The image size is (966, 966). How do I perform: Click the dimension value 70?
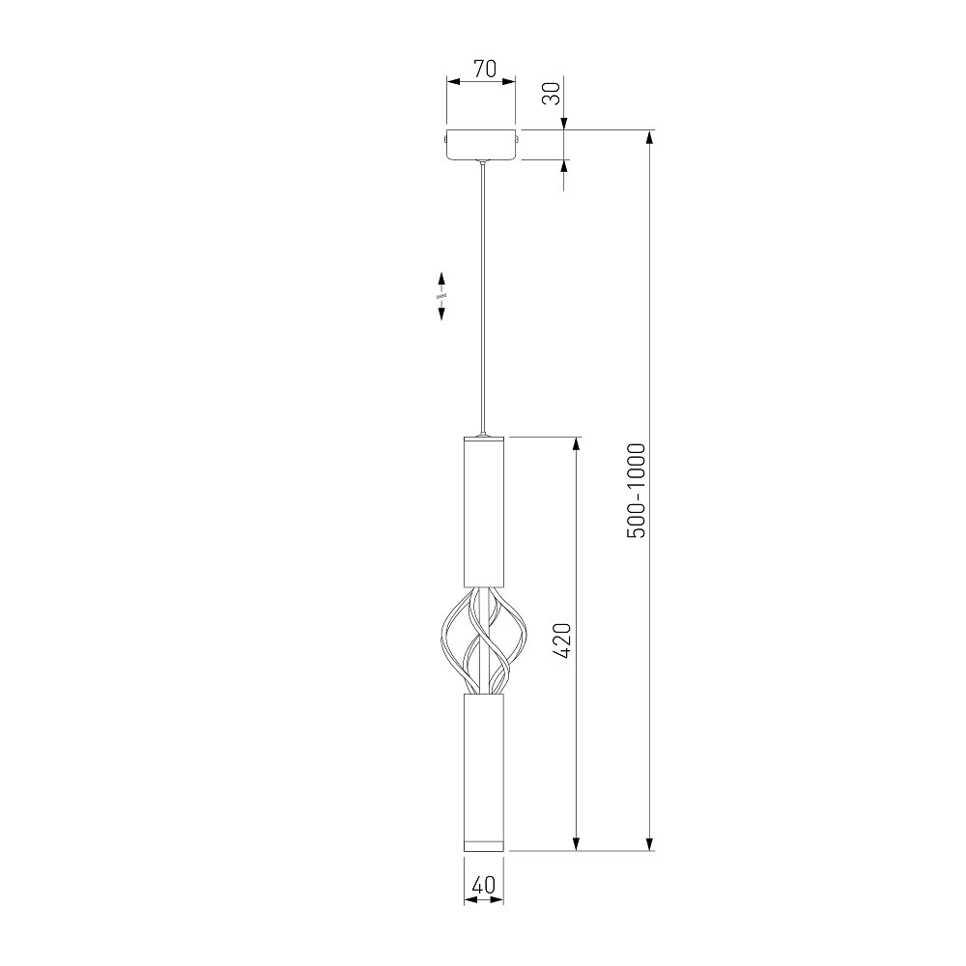tap(484, 69)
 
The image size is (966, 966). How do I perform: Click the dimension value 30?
tap(552, 94)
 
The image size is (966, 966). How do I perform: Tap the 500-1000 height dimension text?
tap(636, 491)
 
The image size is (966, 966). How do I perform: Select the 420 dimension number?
tap(562, 641)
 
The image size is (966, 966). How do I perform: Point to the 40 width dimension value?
tap(484, 885)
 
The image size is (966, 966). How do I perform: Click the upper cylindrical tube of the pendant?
tap(484, 511)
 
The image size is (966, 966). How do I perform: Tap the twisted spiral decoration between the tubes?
tap(484, 641)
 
